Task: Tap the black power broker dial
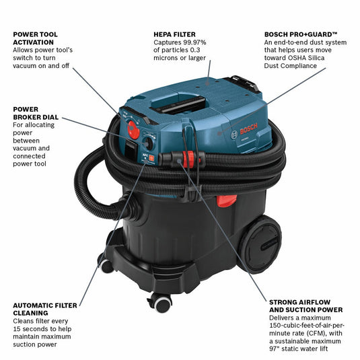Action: click(x=147, y=141)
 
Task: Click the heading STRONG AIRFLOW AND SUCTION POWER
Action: click(x=305, y=305)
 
